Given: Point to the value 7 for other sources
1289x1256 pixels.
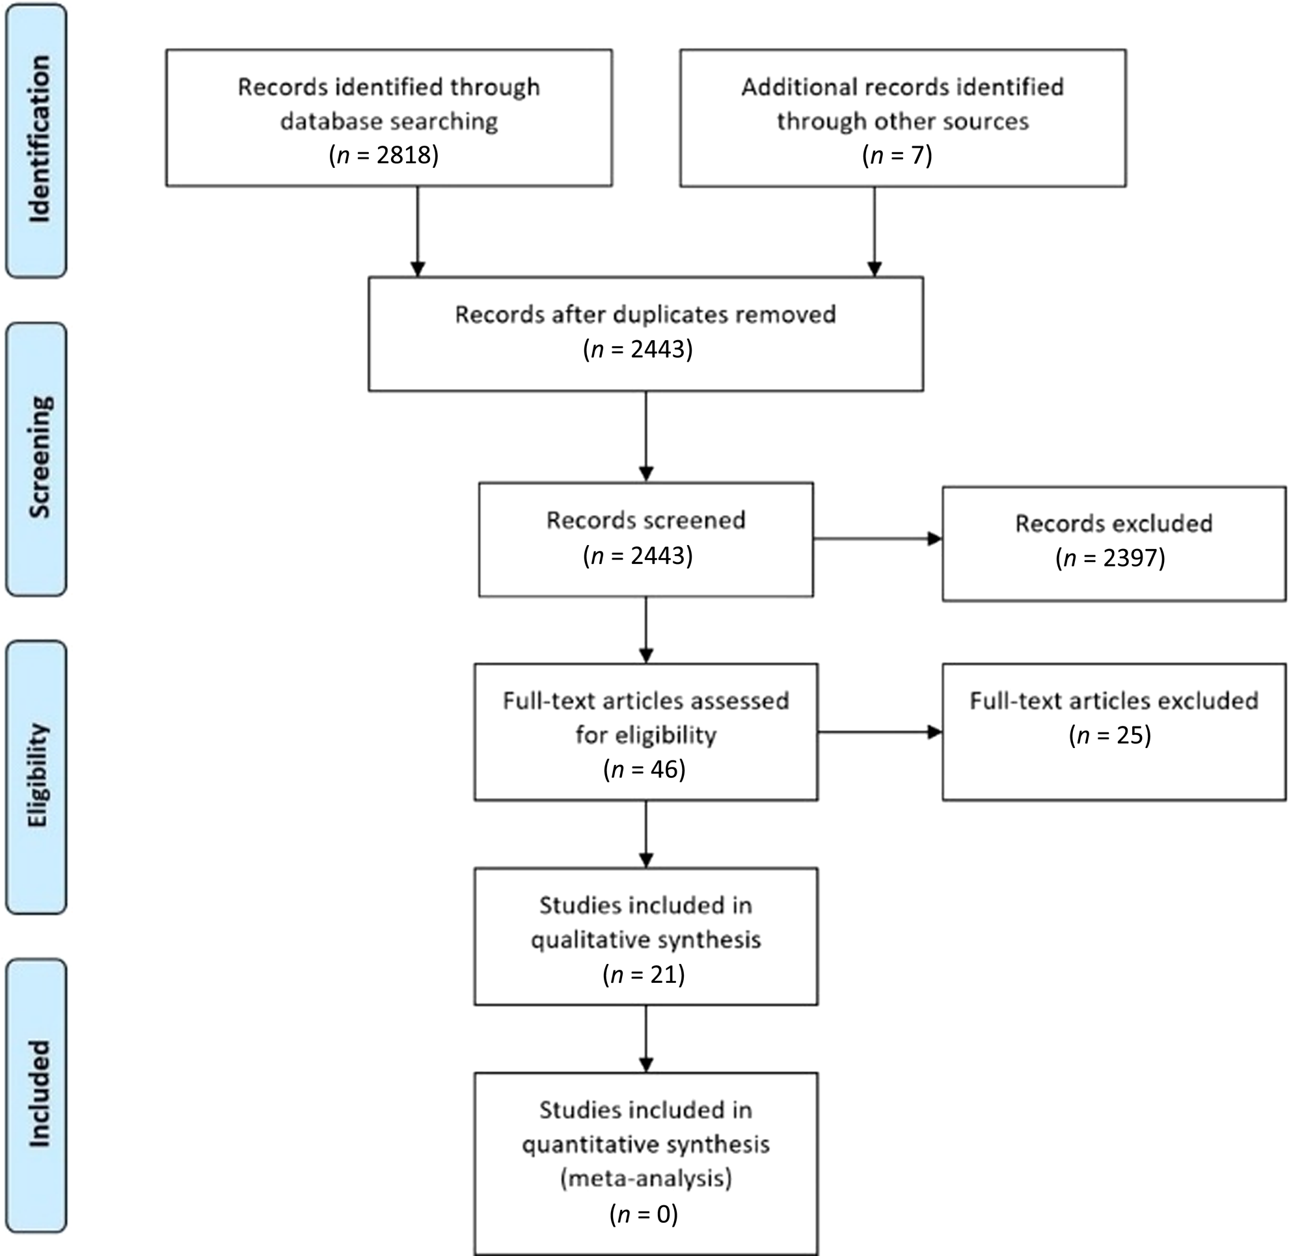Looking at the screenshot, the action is tap(918, 155).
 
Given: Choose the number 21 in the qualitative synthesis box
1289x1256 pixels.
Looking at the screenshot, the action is tap(664, 974).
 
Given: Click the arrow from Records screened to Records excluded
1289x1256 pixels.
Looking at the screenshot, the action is tap(878, 539).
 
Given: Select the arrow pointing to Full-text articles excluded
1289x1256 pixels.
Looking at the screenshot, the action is tap(880, 732).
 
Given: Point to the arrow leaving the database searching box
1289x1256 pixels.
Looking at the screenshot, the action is tap(417, 232).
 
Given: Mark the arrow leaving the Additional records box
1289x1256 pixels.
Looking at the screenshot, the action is tap(875, 232).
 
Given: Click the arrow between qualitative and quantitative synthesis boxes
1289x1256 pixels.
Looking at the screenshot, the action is tap(646, 1039).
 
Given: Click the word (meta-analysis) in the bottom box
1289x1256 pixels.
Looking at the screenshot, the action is tap(646, 1178).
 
